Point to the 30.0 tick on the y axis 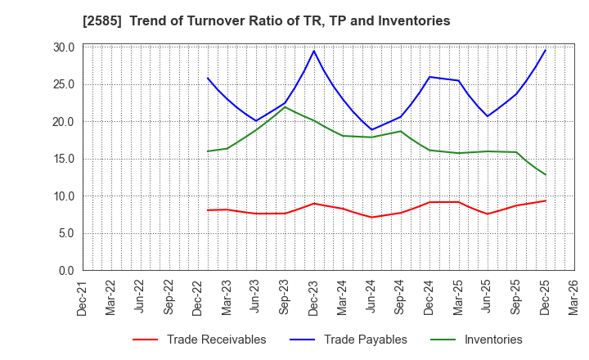click(64, 47)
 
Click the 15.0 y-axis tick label click(64, 159)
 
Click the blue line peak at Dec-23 click(314, 51)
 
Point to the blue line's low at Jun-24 click(372, 130)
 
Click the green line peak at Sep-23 click(286, 107)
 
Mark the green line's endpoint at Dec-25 click(546, 174)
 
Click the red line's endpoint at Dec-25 click(546, 200)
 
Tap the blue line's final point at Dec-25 click(546, 50)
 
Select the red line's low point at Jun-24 click(372, 217)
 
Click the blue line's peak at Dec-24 click(429, 77)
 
